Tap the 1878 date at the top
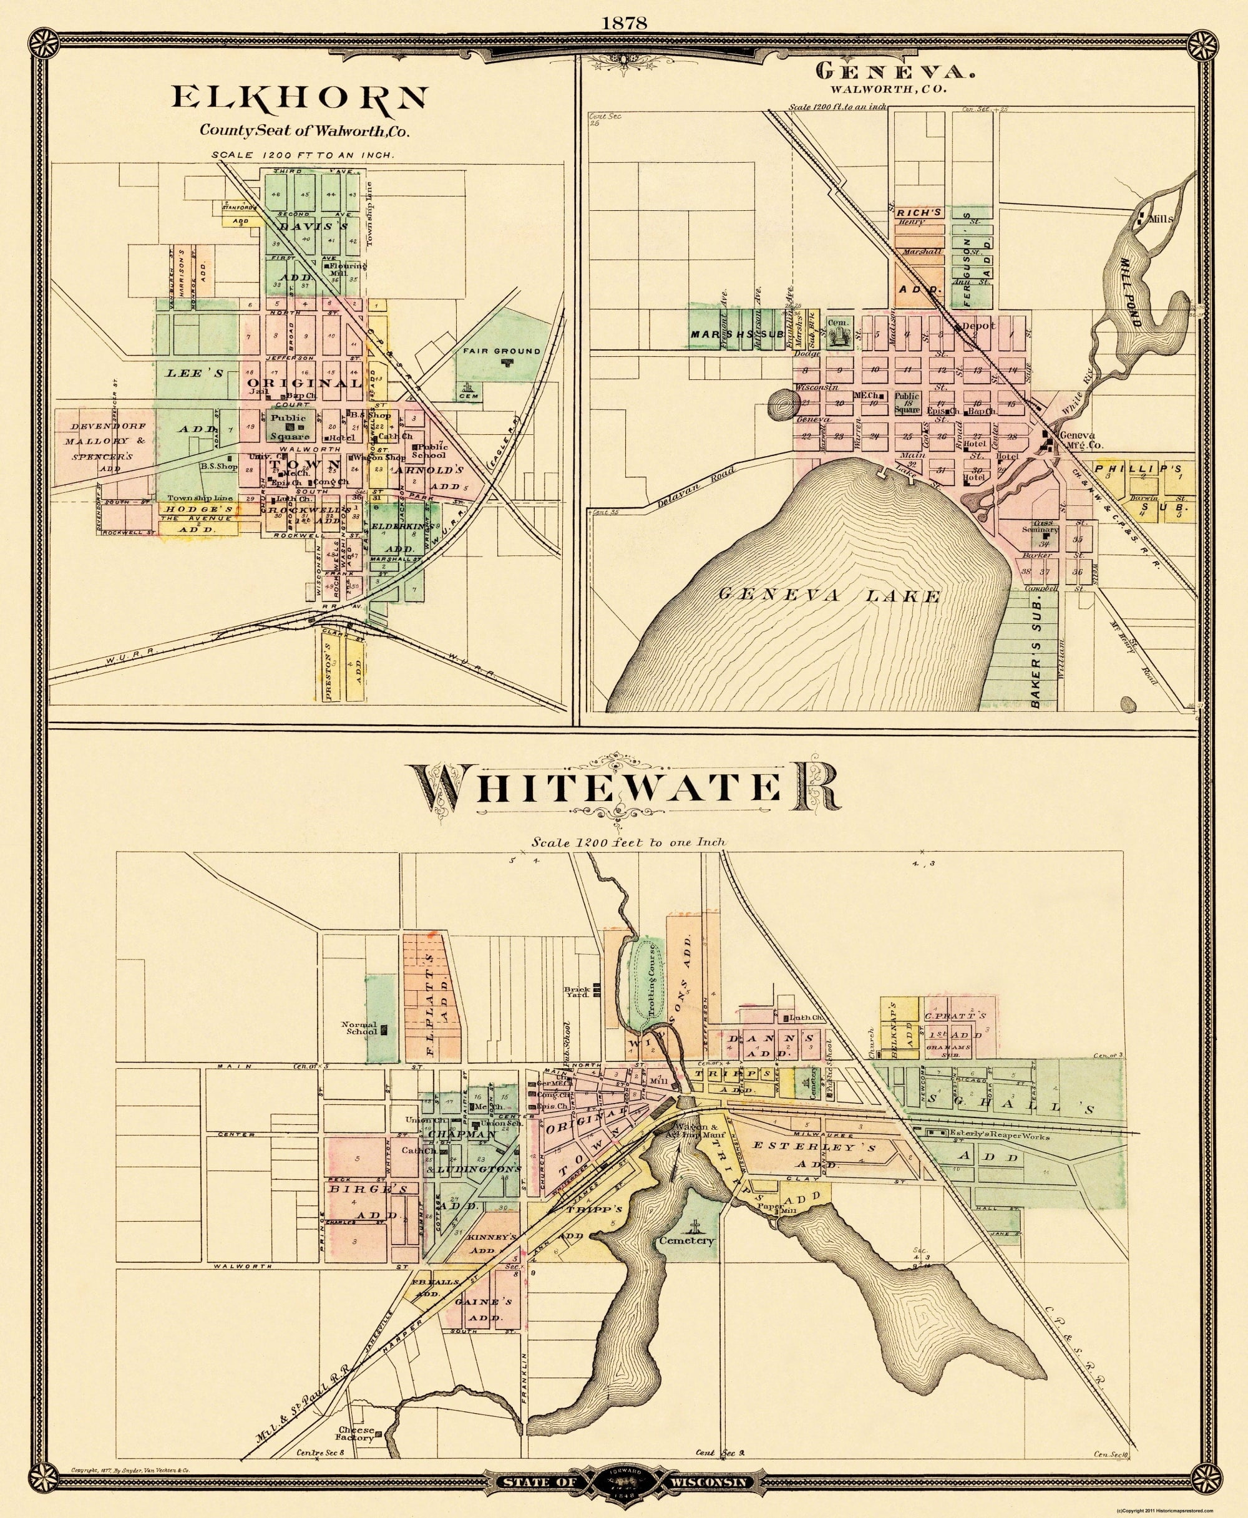623,24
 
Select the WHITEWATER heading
623,789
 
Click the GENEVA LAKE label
829,596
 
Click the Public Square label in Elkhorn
290,427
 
